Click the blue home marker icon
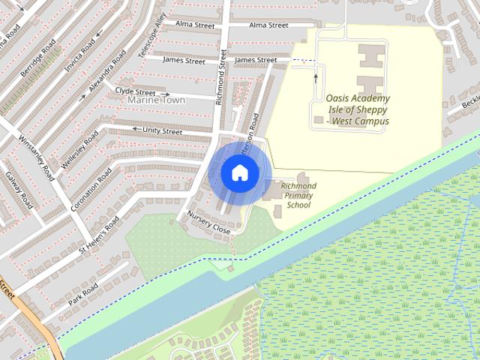238,172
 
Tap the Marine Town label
156,100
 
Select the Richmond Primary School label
298,195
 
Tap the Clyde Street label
135,91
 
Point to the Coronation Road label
91,188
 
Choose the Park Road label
82,289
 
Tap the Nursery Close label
208,224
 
